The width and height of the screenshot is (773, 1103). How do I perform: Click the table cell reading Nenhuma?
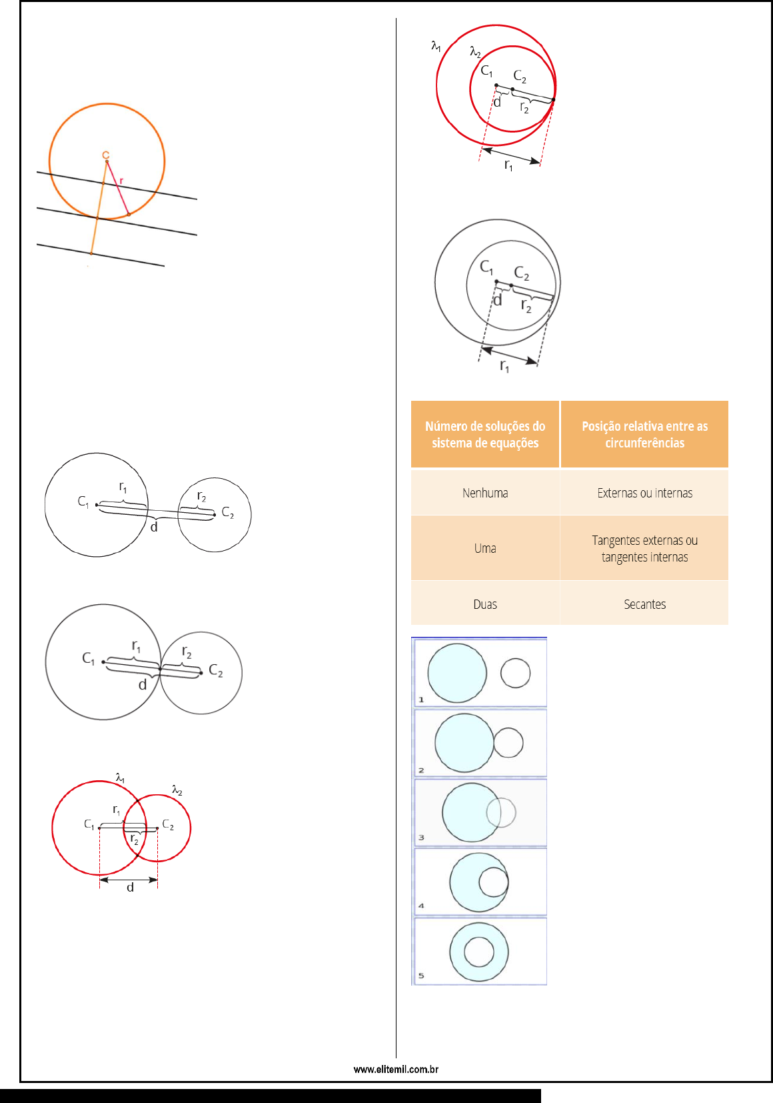pyautogui.click(x=485, y=493)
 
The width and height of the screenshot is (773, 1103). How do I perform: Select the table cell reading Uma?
pyautogui.click(x=485, y=548)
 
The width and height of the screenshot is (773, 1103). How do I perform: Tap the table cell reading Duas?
pyautogui.click(x=485, y=604)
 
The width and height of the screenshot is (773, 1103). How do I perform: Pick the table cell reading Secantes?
pyautogui.click(x=644, y=604)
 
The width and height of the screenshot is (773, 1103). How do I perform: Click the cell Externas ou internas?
pyautogui.click(x=644, y=493)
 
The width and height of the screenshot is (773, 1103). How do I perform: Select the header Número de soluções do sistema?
pyautogui.click(x=485, y=434)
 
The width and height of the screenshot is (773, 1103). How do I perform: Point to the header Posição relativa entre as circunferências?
pyautogui.click(x=644, y=434)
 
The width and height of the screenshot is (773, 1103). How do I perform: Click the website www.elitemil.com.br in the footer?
pyautogui.click(x=396, y=1069)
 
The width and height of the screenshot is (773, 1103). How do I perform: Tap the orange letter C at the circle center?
pyautogui.click(x=105, y=155)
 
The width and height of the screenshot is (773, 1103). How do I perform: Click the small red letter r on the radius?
pyautogui.click(x=121, y=181)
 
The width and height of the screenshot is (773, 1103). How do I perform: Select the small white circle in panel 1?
pyautogui.click(x=515, y=673)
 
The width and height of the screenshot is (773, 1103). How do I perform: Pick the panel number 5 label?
pyautogui.click(x=421, y=976)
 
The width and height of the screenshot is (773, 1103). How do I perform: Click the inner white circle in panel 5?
pyautogui.click(x=478, y=952)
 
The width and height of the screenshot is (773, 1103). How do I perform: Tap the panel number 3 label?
pyautogui.click(x=421, y=838)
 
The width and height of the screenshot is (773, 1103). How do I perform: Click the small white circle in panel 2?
pyautogui.click(x=508, y=742)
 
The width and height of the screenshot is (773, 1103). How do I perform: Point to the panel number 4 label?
pyautogui.click(x=421, y=906)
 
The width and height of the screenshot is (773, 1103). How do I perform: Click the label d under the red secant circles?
pyautogui.click(x=130, y=888)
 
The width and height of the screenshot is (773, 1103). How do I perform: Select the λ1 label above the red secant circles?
pyautogui.click(x=120, y=778)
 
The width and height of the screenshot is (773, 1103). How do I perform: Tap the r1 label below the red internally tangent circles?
pyautogui.click(x=508, y=165)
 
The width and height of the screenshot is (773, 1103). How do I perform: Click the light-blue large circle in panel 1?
pyautogui.click(x=456, y=673)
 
